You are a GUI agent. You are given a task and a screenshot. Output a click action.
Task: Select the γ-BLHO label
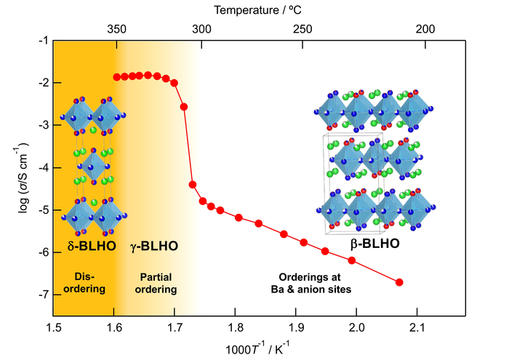pos(154,247)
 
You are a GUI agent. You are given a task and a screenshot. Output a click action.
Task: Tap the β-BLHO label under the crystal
pos(374,244)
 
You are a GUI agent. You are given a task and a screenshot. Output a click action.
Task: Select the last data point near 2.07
pos(399,282)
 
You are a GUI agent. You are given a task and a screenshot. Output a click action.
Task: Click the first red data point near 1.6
pos(116,76)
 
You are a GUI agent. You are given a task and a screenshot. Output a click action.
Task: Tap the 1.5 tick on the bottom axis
pos(53,329)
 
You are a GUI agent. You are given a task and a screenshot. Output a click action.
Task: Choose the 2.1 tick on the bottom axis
pos(417,329)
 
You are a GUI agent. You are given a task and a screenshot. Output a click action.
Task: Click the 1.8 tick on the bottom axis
pos(235,329)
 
